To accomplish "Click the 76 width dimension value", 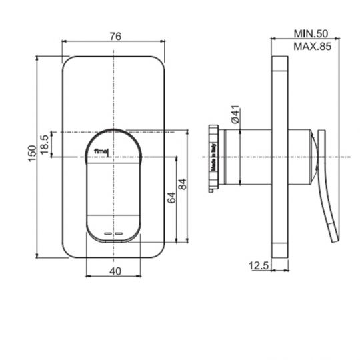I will (x=114, y=37).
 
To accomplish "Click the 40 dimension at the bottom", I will (x=114, y=271).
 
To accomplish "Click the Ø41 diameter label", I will (x=235, y=115).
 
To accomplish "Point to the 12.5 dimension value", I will (x=259, y=265).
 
